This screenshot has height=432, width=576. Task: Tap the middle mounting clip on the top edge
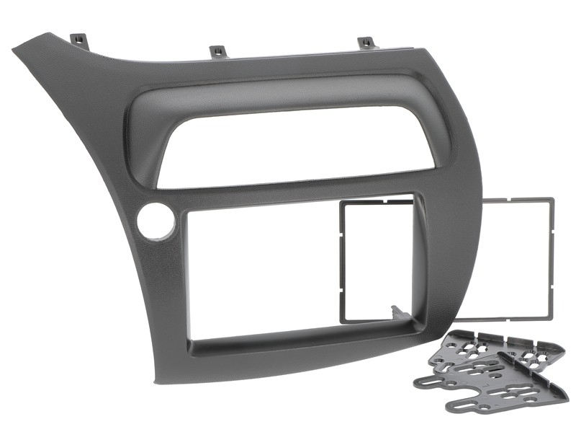[x=217, y=51]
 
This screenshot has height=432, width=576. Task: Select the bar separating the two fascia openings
[x=288, y=183]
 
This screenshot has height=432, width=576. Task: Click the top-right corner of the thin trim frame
[x=551, y=201]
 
